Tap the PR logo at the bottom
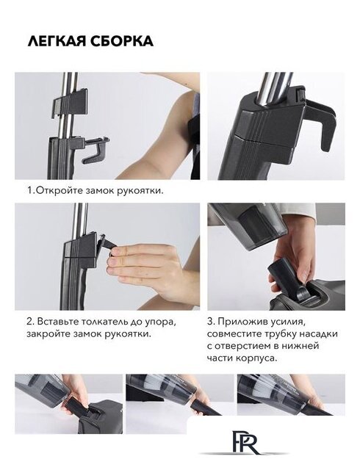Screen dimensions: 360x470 point(245,444)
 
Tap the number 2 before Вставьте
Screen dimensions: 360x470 point(29,322)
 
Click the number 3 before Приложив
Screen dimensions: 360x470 point(211,322)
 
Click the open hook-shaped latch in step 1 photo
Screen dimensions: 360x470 point(96,150)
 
